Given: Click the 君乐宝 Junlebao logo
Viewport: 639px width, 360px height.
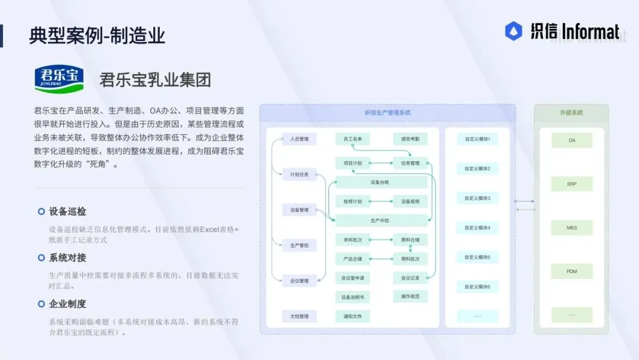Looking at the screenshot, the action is point(59,79).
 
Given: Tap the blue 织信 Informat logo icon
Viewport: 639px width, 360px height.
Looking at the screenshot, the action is point(513,31).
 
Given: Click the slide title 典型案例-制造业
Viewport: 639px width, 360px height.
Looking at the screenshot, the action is point(98,36).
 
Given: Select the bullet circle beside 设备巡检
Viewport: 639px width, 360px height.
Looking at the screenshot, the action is point(41,211).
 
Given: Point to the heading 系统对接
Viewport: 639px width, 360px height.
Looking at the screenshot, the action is point(67,258).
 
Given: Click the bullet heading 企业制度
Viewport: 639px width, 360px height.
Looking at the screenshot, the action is point(67,304).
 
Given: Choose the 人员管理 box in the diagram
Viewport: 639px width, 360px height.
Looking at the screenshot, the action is point(299,140).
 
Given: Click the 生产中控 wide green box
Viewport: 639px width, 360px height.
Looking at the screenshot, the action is point(381,220).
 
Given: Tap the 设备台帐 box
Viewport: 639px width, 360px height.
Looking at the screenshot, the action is point(381,182).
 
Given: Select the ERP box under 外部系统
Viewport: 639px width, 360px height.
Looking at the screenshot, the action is point(572,184).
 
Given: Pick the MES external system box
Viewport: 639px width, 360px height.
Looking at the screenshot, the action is point(572,227).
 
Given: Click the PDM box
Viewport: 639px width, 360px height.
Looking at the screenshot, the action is point(572,271).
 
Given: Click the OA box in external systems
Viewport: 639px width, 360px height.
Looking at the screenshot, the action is point(572,140).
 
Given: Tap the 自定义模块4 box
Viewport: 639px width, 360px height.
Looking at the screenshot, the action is point(477,227).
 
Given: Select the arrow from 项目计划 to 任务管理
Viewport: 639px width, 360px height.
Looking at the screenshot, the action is point(382,163).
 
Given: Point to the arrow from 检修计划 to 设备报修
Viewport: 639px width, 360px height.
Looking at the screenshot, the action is point(382,201).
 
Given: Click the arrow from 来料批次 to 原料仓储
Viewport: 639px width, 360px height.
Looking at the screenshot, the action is point(382,240).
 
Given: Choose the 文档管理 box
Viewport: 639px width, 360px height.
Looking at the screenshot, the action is point(299,316).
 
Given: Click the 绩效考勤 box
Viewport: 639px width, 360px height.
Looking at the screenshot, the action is point(410,140).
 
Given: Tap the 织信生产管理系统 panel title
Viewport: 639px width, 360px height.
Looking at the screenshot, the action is point(388,112).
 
